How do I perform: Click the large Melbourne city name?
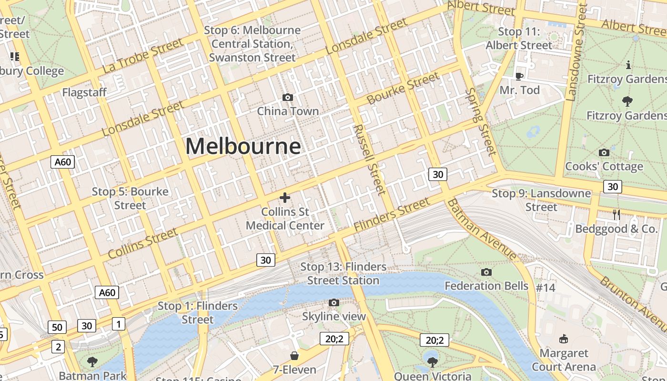coord(243,146)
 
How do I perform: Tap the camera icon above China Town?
coord(288,97)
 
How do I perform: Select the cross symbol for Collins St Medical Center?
coord(285,198)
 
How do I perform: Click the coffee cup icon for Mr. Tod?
coord(519,76)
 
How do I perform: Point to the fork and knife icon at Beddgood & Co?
coord(616,215)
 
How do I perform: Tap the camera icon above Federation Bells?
coord(486,272)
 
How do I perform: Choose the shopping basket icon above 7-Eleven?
coord(294,356)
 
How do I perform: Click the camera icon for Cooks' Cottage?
coord(604,152)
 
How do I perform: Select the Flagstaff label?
coord(84,92)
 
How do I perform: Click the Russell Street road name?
coord(370,160)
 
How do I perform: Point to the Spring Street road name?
coord(481,121)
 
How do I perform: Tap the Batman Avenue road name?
coord(481,230)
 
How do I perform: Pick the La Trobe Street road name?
coord(142,56)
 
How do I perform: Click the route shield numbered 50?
coord(57,327)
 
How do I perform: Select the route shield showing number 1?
coord(118,324)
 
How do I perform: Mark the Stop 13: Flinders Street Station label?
coord(343,273)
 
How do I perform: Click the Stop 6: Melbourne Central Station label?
coord(253,44)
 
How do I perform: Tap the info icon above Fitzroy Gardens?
coord(628,65)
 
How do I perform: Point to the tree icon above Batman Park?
coord(92,361)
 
